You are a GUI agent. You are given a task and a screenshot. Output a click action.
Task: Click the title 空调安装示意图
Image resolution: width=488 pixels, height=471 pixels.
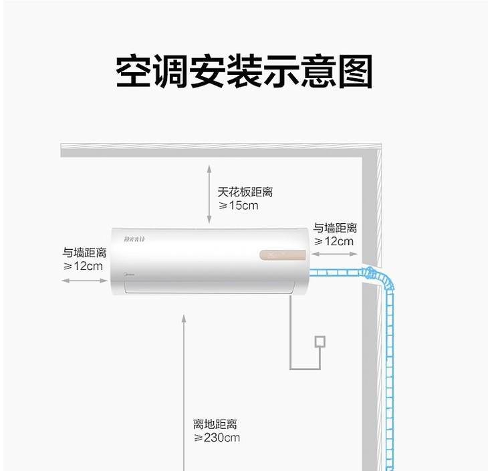pos(244,71)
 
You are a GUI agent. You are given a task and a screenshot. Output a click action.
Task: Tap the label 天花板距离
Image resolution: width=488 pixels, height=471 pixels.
pos(245,192)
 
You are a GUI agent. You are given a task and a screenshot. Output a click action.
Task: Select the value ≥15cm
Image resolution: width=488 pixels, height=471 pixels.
pos(238,205)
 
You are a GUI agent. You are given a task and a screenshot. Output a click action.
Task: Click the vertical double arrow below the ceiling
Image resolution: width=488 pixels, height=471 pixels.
pos(209,194)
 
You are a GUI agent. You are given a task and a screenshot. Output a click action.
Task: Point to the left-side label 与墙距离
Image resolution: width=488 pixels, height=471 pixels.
pos(84,253)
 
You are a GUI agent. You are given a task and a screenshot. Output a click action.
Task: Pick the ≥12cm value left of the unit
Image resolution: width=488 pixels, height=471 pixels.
pos(83,266)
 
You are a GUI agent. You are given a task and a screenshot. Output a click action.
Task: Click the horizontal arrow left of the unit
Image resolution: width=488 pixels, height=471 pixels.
pos(84,281)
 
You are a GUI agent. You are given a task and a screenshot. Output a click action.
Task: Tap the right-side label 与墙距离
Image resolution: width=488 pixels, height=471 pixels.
pos(335,228)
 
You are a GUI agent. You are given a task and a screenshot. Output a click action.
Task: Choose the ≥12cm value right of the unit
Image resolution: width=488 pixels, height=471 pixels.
pos(334,241)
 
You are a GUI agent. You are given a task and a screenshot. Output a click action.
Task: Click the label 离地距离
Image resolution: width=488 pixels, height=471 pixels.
pos(215,424)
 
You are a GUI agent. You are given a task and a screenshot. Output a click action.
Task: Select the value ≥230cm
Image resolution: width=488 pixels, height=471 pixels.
pos(217,438)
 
